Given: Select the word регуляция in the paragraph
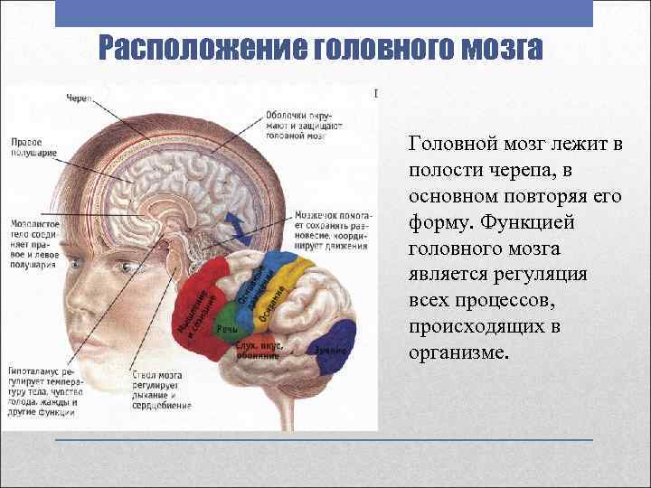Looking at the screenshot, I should [x=541, y=274].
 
